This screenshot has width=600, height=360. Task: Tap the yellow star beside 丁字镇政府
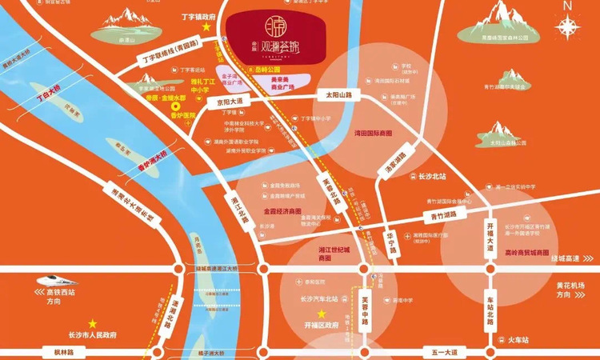(206, 26)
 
